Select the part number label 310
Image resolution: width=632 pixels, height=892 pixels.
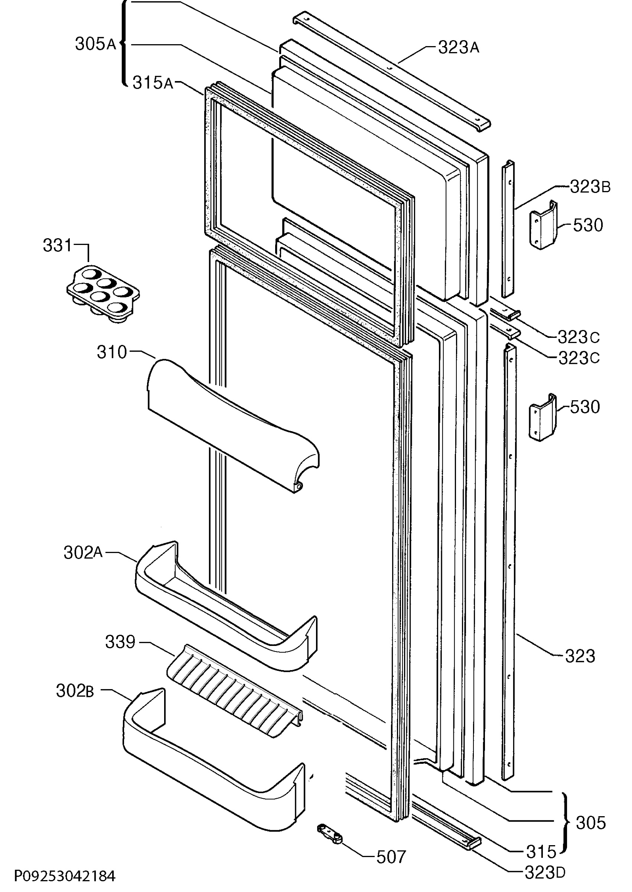[112, 352]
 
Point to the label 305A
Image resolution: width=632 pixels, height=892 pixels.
[96, 44]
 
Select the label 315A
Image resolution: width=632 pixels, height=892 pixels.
[153, 83]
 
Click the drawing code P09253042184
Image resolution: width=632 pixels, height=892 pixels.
[65, 876]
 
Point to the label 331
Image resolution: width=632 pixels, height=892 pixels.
[57, 246]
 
